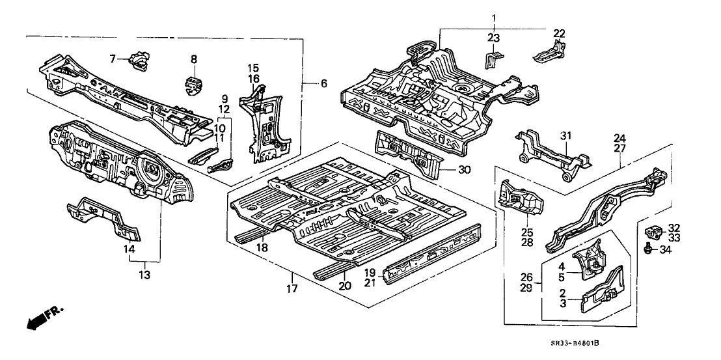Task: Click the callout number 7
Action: click(113, 59)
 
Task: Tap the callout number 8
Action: click(193, 59)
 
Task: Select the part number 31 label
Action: click(565, 136)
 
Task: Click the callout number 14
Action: click(130, 248)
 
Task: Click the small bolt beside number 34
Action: click(649, 248)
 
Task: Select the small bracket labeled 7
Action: click(139, 60)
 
